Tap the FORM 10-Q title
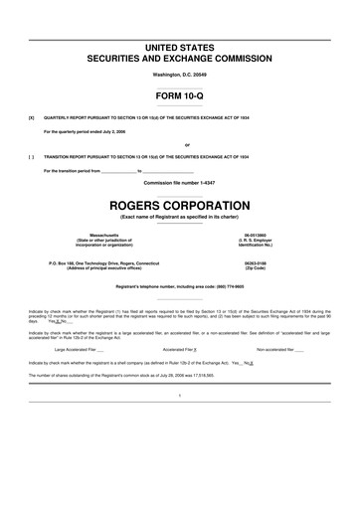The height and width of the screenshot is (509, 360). point(180,97)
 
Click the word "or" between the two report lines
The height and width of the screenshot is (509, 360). point(180,144)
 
